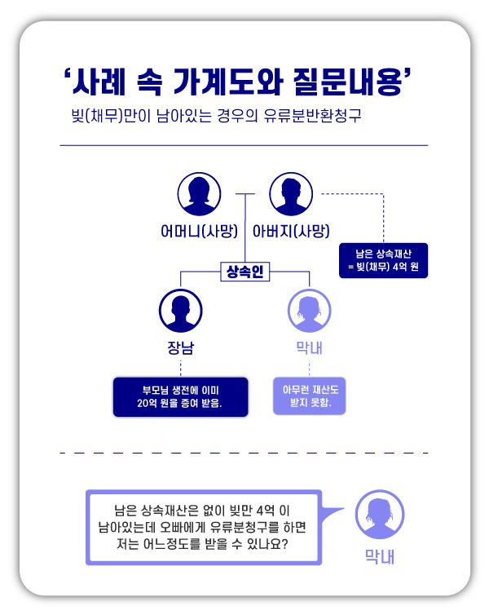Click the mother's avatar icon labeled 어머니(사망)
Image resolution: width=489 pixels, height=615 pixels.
pos(199,194)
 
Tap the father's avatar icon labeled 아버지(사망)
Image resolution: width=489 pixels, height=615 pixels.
pos(291,194)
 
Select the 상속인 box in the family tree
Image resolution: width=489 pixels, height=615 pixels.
pos(244,272)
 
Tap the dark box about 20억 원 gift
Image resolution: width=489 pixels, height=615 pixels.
pos(180,396)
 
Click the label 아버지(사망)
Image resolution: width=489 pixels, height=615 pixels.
pos(291,230)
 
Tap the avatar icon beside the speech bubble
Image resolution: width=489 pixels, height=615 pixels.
pos(380,515)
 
